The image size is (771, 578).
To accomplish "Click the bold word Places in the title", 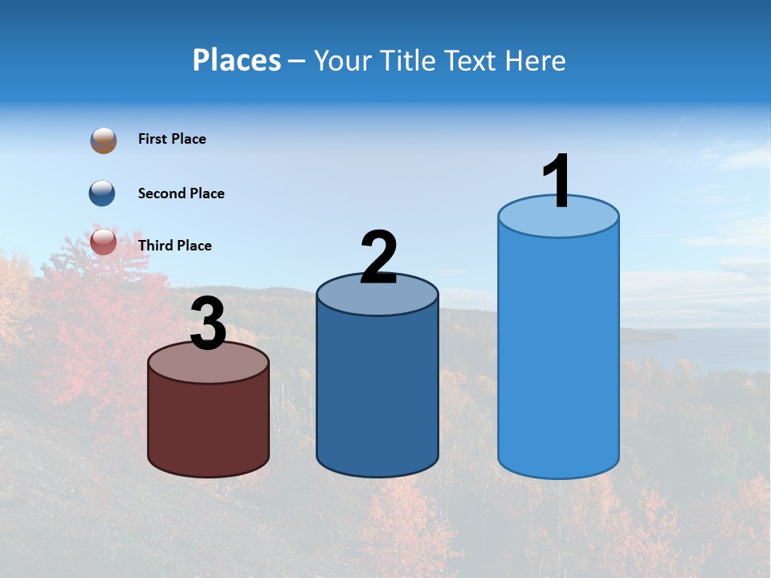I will click(x=237, y=60).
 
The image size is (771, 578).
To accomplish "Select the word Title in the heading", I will click(x=410, y=60).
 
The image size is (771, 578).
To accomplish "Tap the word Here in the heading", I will click(x=536, y=60).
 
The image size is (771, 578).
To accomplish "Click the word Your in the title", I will click(x=343, y=60).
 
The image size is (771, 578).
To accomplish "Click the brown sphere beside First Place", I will click(x=103, y=140).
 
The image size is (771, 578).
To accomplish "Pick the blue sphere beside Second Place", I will click(x=102, y=193).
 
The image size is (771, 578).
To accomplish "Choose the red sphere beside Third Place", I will click(x=103, y=242).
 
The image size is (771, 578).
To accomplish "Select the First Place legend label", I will click(x=172, y=139).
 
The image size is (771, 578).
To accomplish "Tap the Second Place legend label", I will click(x=181, y=193).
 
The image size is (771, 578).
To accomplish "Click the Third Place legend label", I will click(x=174, y=246).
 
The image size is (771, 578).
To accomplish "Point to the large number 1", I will click(x=557, y=181).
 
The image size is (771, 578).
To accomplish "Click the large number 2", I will click(x=378, y=257).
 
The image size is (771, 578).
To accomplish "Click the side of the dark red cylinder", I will click(x=209, y=425).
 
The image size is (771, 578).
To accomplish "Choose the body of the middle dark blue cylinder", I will click(x=377, y=385).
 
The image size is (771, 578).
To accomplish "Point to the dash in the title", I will click(x=297, y=62).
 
